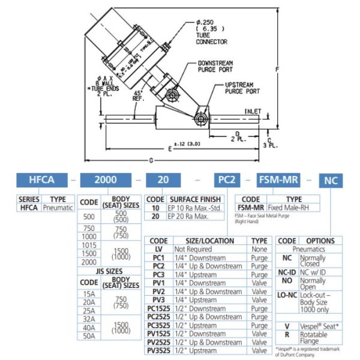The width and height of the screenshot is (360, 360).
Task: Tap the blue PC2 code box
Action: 227,179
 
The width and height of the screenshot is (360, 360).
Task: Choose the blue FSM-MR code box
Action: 279,179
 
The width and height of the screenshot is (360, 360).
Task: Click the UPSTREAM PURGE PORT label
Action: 242,88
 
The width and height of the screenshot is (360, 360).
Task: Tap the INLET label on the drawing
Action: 252,111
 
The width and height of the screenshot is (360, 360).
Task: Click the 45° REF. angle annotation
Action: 139,97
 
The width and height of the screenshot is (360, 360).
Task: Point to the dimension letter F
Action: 275,70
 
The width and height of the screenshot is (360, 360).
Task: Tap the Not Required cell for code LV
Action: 193,248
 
